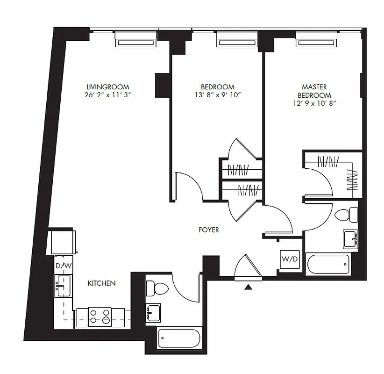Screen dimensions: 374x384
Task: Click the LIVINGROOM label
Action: click(x=107, y=87)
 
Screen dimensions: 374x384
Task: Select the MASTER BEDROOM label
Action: click(x=314, y=91)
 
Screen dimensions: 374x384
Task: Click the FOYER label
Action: click(x=208, y=230)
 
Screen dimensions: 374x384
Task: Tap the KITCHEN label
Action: click(x=102, y=283)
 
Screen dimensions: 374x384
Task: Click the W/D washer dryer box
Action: click(x=289, y=259)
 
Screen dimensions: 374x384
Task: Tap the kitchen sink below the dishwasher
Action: click(x=63, y=283)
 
